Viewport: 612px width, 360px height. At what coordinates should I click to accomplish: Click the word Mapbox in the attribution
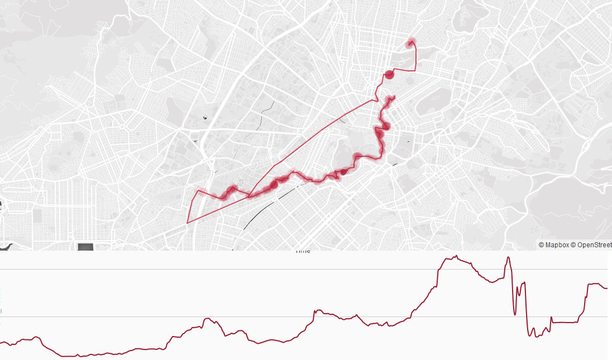tap(557, 245)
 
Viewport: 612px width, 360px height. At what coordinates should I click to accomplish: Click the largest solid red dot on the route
tap(389, 75)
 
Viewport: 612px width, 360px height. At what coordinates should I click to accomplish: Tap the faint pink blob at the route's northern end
tap(412, 42)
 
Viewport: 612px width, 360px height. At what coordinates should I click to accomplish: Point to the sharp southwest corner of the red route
tap(187, 222)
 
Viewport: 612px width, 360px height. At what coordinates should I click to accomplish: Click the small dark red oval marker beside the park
tap(344, 172)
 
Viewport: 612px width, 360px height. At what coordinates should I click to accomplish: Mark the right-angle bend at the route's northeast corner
tap(416, 70)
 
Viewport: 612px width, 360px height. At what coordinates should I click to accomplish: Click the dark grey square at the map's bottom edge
tap(85, 247)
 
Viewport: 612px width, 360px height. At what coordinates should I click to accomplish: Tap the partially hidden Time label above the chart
tap(302, 251)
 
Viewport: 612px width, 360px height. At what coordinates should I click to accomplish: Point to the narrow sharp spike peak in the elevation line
tap(508, 258)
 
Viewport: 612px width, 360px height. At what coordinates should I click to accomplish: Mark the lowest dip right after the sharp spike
tap(529, 335)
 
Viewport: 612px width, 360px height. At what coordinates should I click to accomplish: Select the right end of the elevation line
tap(606, 288)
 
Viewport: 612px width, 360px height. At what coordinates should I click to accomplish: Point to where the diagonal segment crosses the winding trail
tap(249, 196)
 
